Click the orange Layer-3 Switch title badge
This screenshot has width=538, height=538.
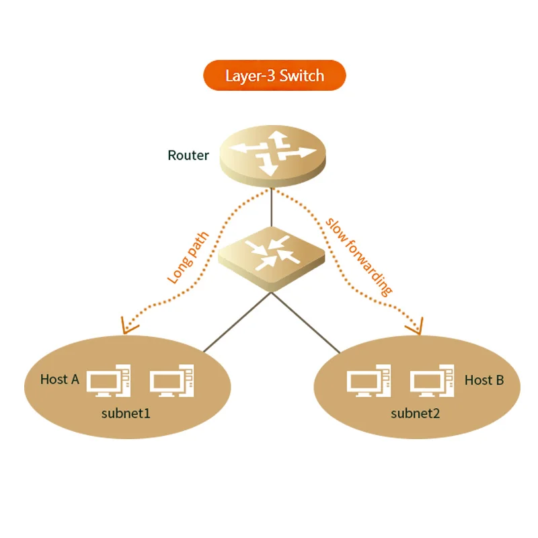[x=274, y=75]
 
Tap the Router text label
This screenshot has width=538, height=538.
[x=188, y=155]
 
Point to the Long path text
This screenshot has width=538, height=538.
[x=188, y=258]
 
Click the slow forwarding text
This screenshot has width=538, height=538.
[x=358, y=256]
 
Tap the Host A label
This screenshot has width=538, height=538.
[x=59, y=379]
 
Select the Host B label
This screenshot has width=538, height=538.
[x=484, y=381]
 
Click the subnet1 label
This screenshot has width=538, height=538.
[x=126, y=413]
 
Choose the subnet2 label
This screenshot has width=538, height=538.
[x=415, y=413]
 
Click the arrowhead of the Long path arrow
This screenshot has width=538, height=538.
[x=128, y=327]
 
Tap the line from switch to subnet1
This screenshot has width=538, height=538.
[x=235, y=323]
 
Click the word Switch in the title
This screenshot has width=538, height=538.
[x=302, y=75]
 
